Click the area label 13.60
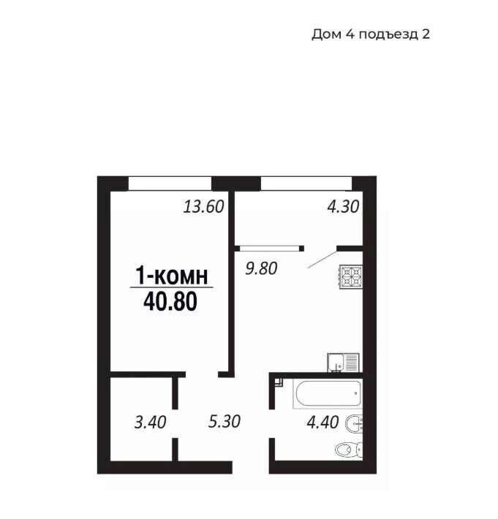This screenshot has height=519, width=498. [203, 207]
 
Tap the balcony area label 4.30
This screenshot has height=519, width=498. [343, 207]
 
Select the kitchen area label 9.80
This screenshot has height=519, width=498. [261, 268]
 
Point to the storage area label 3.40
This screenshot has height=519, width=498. [150, 423]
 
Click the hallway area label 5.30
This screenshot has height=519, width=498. [225, 421]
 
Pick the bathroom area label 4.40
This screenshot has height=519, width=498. [322, 423]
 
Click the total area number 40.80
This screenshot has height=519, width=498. [170, 302]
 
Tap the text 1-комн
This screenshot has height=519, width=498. [172, 275]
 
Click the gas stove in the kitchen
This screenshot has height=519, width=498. [351, 277]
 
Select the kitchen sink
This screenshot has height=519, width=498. [344, 363]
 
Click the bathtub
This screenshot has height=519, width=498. [327, 394]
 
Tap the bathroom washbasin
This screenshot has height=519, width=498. [354, 423]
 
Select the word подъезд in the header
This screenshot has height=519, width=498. [388, 35]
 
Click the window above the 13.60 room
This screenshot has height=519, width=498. [170, 183]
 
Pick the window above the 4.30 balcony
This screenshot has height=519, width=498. [306, 183]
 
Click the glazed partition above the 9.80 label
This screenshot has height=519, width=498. [270, 249]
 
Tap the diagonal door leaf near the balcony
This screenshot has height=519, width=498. [322, 259]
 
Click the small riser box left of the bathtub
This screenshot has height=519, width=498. [279, 382]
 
